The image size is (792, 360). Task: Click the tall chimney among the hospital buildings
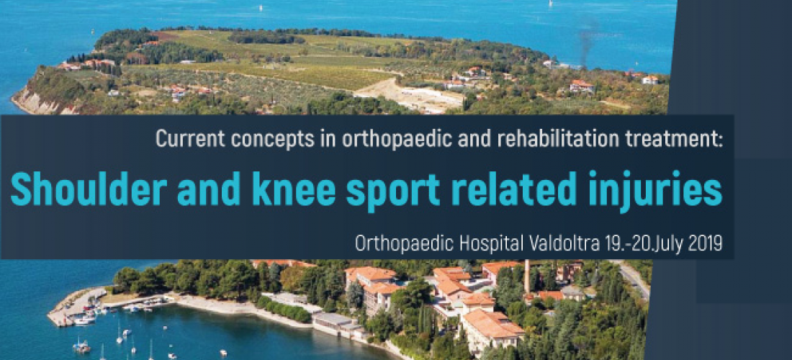pyautogui.click(x=527, y=276)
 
